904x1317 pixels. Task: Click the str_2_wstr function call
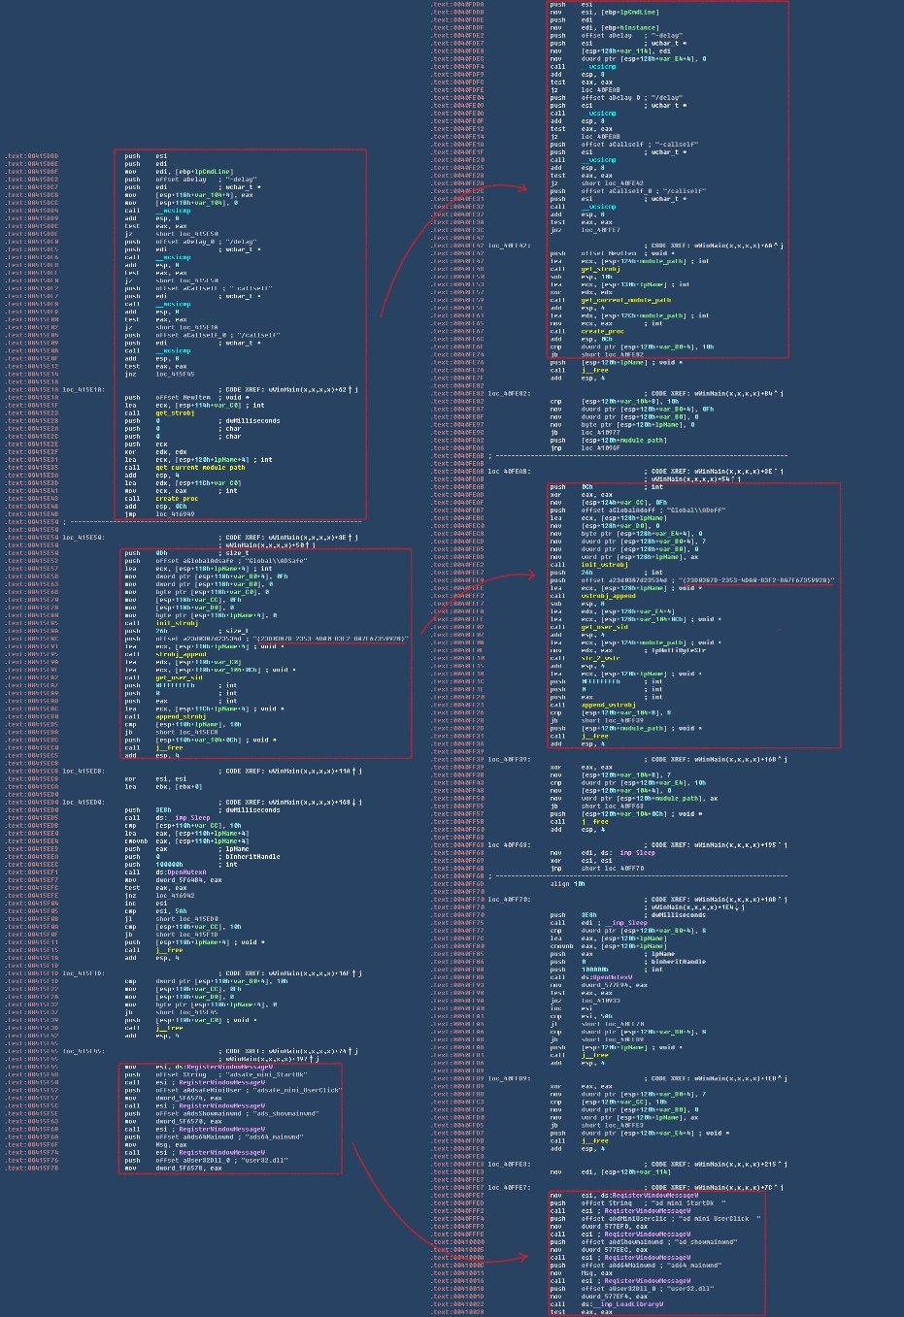(601, 658)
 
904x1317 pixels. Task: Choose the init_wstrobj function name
(602, 565)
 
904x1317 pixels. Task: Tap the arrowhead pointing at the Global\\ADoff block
(533, 575)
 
